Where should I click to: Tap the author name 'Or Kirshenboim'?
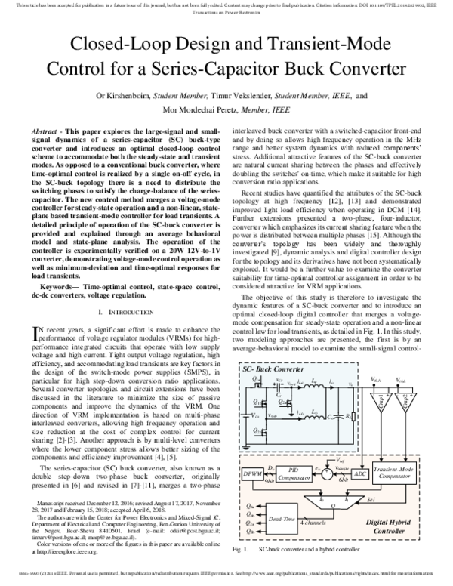(x=125, y=96)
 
